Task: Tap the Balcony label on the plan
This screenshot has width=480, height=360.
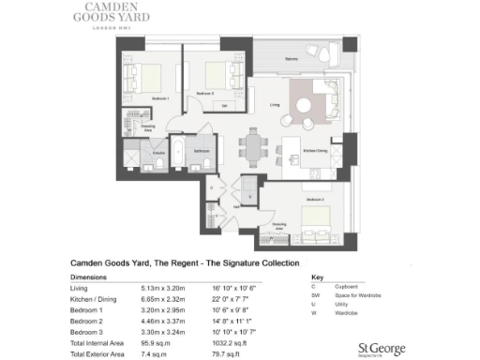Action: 292,60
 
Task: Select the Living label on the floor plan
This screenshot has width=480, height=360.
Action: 275,105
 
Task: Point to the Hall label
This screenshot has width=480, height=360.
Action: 236,206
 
